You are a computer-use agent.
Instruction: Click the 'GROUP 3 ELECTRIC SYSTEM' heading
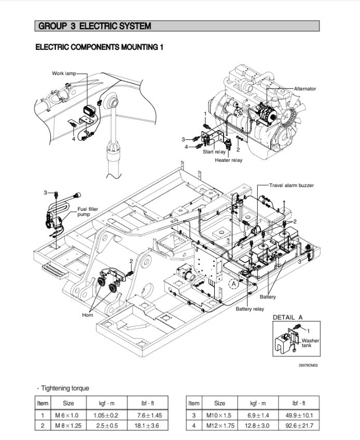(95, 26)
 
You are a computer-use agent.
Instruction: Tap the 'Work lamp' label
(63, 73)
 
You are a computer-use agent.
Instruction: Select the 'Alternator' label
(304, 89)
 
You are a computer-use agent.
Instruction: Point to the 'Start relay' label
(214, 152)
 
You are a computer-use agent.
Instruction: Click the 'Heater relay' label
(228, 160)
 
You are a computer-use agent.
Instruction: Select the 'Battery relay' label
(250, 309)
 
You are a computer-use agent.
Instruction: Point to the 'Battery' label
(268, 297)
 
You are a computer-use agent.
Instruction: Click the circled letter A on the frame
(233, 283)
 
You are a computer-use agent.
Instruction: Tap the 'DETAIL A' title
(287, 317)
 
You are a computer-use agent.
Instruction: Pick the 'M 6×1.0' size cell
(68, 415)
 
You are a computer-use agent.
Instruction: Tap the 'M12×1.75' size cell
(220, 426)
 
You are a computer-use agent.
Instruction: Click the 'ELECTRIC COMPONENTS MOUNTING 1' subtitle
(99, 48)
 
